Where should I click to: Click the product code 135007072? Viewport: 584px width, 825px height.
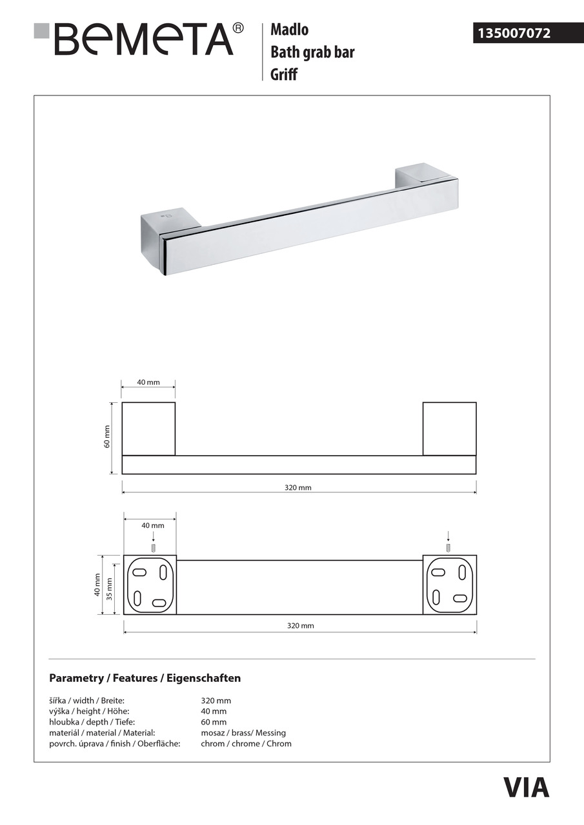pos(514,33)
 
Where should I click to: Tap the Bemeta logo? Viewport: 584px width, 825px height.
pos(139,39)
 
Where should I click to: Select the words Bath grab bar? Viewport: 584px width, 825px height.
pos(312,52)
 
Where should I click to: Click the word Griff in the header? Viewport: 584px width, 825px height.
pos(284,74)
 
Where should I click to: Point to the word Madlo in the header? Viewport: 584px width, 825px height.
pos(289,30)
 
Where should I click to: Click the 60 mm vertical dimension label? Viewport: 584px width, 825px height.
pos(108,437)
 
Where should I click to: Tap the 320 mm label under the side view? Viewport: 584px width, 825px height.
pos(298,488)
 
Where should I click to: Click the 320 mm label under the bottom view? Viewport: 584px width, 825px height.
pos(299,626)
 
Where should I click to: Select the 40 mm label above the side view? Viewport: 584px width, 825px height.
pos(148,382)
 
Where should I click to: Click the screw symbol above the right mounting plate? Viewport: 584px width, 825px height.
pos(448,548)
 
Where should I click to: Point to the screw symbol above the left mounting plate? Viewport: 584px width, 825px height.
pos(153,548)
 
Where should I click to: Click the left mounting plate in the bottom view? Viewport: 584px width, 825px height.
pos(150,585)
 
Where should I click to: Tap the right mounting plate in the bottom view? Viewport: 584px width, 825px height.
pos(449,585)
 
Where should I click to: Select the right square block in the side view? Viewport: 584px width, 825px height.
pos(449,429)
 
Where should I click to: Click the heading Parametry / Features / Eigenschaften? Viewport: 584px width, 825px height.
pos(145,678)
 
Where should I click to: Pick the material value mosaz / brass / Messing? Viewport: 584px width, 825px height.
pos(243,733)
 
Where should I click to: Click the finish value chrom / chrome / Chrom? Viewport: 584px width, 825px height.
pos(246,744)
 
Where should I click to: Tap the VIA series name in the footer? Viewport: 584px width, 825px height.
pos(526,788)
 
